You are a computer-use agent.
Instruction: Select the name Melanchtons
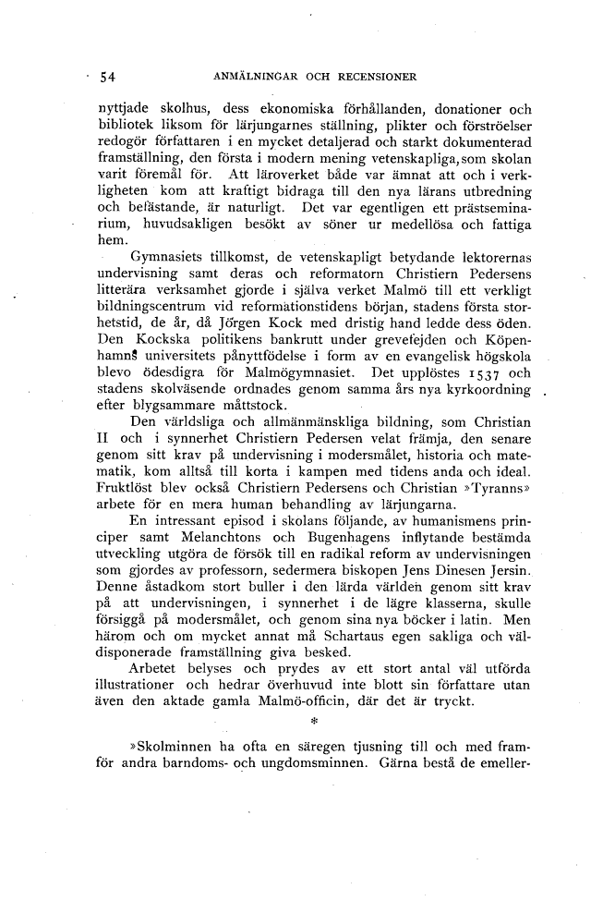point(220,537)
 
